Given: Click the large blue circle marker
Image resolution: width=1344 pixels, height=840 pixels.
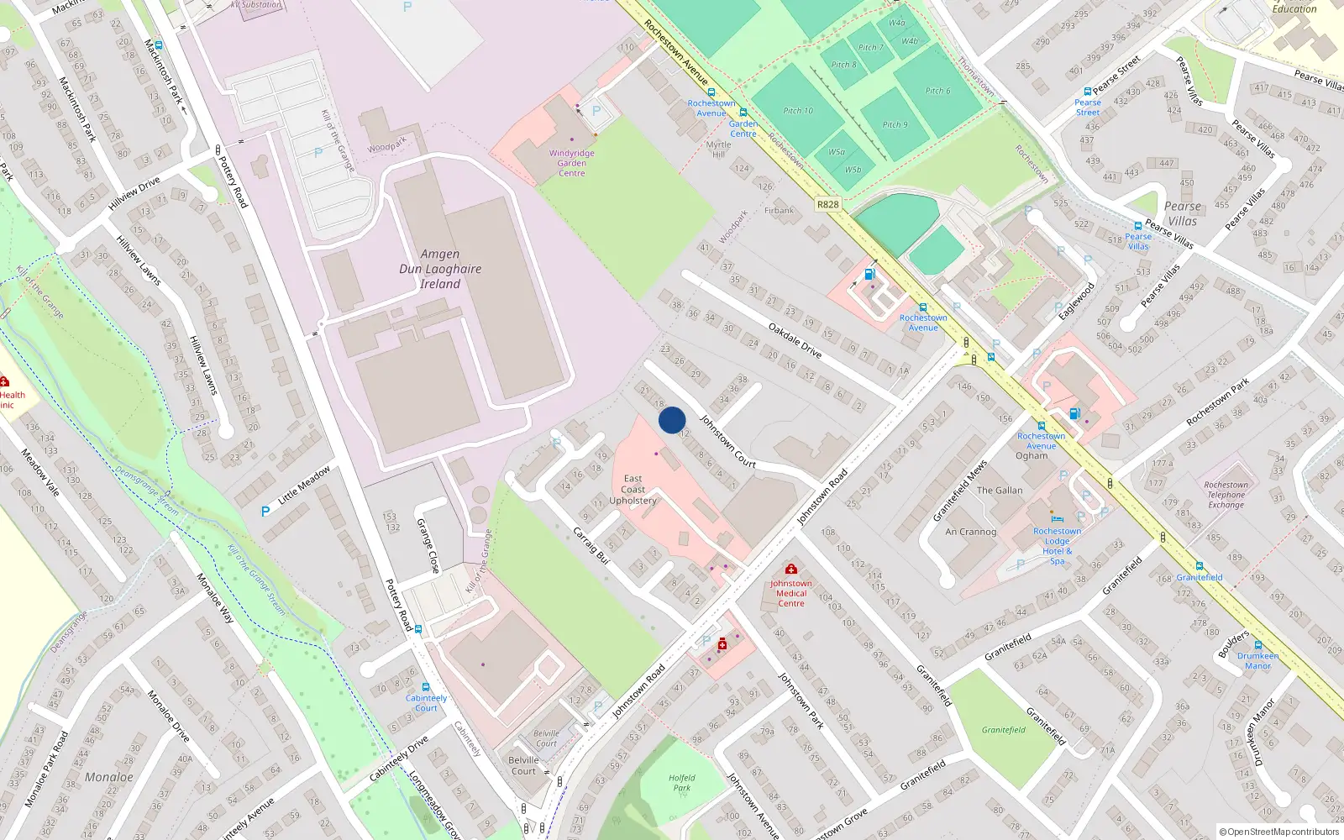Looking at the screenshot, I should click(x=671, y=420).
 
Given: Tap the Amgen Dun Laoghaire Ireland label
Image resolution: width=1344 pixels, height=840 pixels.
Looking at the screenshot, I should click(x=440, y=269).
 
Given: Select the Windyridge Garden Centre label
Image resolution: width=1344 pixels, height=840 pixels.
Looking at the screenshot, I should click(x=572, y=163).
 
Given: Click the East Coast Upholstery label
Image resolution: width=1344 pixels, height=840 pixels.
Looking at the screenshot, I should click(x=633, y=490).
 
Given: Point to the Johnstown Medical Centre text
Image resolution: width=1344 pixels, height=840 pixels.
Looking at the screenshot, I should click(x=790, y=593).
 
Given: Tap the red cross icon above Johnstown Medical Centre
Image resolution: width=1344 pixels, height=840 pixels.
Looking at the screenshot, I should click(x=790, y=569).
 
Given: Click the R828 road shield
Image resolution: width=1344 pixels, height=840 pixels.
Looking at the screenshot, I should click(x=827, y=204).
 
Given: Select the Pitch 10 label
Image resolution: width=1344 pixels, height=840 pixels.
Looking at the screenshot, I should click(x=798, y=111).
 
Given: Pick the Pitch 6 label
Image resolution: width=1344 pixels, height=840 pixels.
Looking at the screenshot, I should click(x=937, y=91).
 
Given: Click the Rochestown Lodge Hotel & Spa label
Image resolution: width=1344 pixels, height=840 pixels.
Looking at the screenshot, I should click(x=1057, y=546).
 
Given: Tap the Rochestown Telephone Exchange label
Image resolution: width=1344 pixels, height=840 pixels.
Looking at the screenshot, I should click(x=1226, y=495).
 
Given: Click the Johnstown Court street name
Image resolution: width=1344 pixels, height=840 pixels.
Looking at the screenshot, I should click(x=728, y=442).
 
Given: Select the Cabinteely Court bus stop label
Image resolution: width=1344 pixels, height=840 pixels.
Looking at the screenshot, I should click(x=426, y=702).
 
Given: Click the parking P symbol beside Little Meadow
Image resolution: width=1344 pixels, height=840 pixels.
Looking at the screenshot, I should click(x=265, y=511).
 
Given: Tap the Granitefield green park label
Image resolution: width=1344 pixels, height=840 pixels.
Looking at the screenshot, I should click(x=1003, y=730).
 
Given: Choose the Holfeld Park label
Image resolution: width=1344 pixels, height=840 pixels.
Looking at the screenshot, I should click(x=681, y=783).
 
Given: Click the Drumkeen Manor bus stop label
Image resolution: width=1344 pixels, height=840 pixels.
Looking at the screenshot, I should click(x=1257, y=661).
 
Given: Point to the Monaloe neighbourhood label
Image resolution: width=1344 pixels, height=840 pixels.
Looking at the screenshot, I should click(x=109, y=777).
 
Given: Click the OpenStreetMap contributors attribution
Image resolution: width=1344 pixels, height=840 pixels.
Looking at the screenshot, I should click(x=1278, y=832).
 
